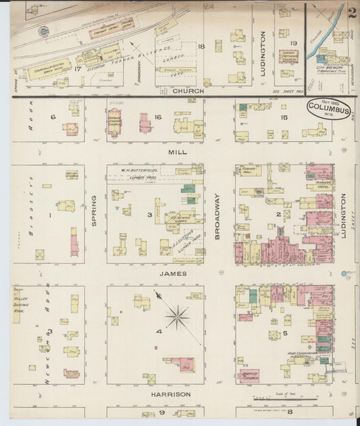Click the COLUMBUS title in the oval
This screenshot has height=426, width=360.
[328, 109]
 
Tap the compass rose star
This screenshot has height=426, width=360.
[178, 315]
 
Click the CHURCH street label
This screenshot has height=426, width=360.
[188, 90]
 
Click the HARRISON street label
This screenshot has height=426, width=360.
[171, 394]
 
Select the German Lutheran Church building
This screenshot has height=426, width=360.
[114, 122]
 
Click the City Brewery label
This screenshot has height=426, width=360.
[330, 68]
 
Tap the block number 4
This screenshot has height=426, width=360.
[159, 331]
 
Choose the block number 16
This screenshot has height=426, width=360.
[157, 117]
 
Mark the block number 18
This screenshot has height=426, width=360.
[201, 47]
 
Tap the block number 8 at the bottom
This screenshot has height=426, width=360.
[290, 411]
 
